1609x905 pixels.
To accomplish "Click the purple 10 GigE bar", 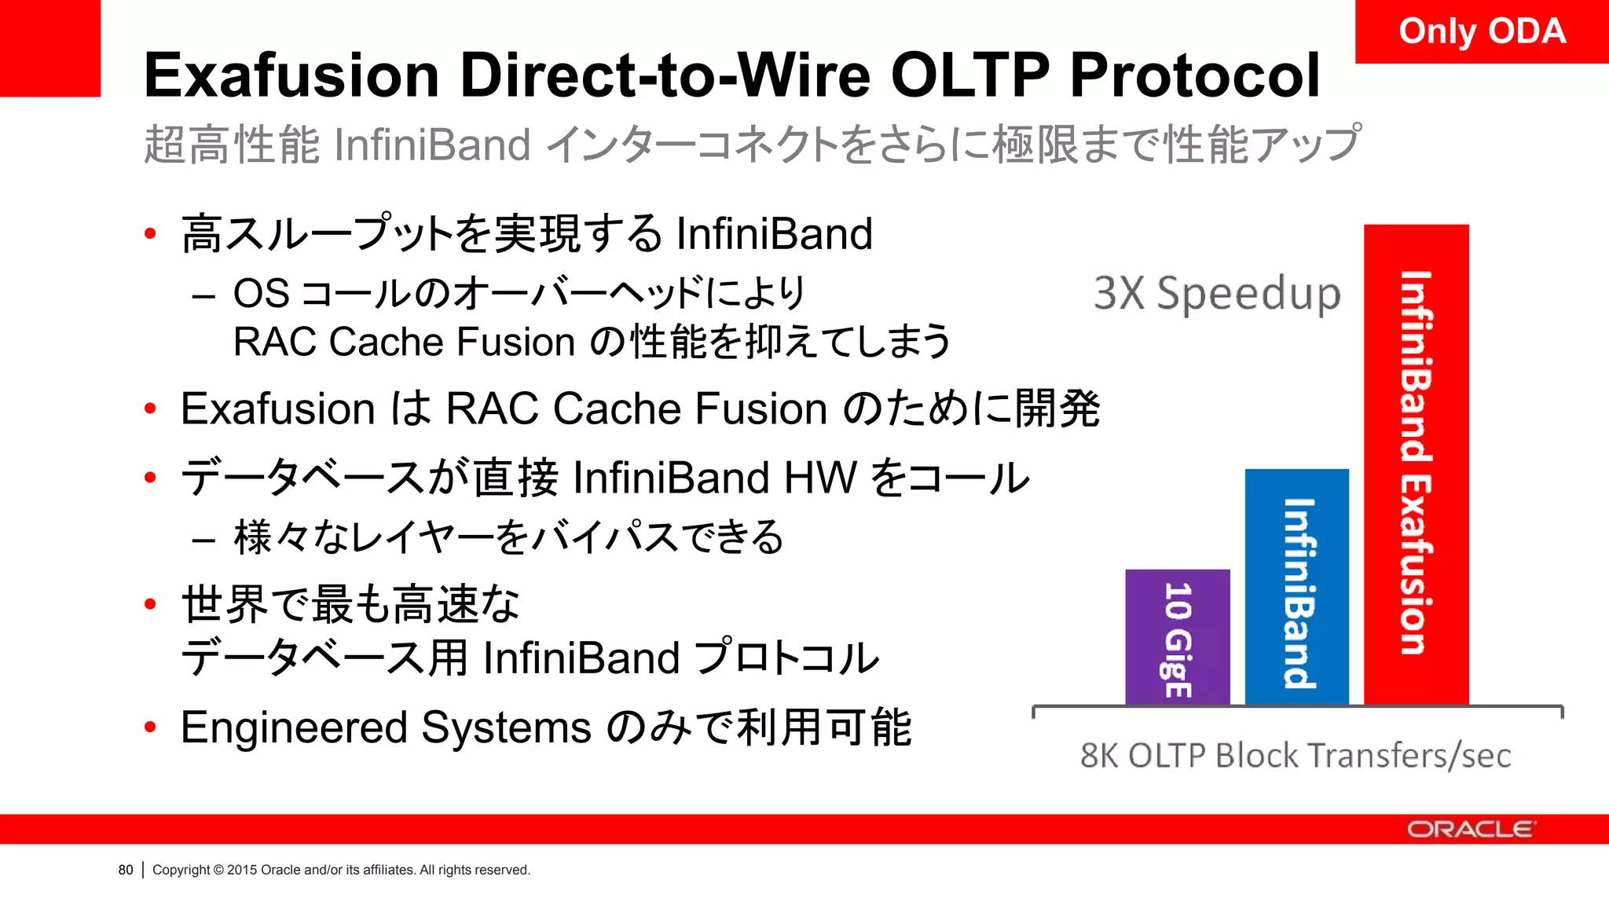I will click(x=1177, y=637).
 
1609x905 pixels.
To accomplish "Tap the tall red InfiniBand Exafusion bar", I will click(x=1416, y=463).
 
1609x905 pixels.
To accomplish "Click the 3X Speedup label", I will click(x=1216, y=294).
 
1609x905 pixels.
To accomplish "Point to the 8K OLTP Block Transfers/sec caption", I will click(x=1295, y=755).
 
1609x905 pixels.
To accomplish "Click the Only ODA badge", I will click(x=1482, y=31).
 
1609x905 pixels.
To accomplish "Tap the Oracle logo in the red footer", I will click(x=1469, y=830).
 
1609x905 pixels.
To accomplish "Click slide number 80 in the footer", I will click(x=126, y=870).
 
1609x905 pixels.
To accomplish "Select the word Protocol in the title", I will click(x=1194, y=75).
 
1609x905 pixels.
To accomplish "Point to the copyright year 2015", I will click(x=242, y=870).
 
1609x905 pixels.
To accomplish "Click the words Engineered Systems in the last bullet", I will click(x=385, y=727).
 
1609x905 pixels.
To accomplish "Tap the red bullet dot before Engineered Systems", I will click(x=150, y=727).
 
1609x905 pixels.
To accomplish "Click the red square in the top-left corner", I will click(x=49, y=47).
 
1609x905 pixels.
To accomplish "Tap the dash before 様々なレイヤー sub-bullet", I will click(x=203, y=540).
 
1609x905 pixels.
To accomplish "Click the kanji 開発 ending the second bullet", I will click(x=1057, y=409).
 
